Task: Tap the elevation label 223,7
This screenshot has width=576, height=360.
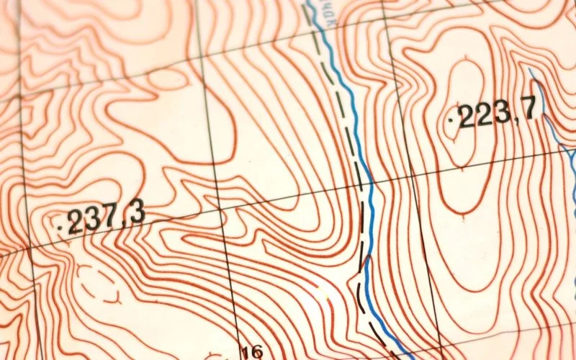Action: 498,113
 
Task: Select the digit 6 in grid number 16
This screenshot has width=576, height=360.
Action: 257,352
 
